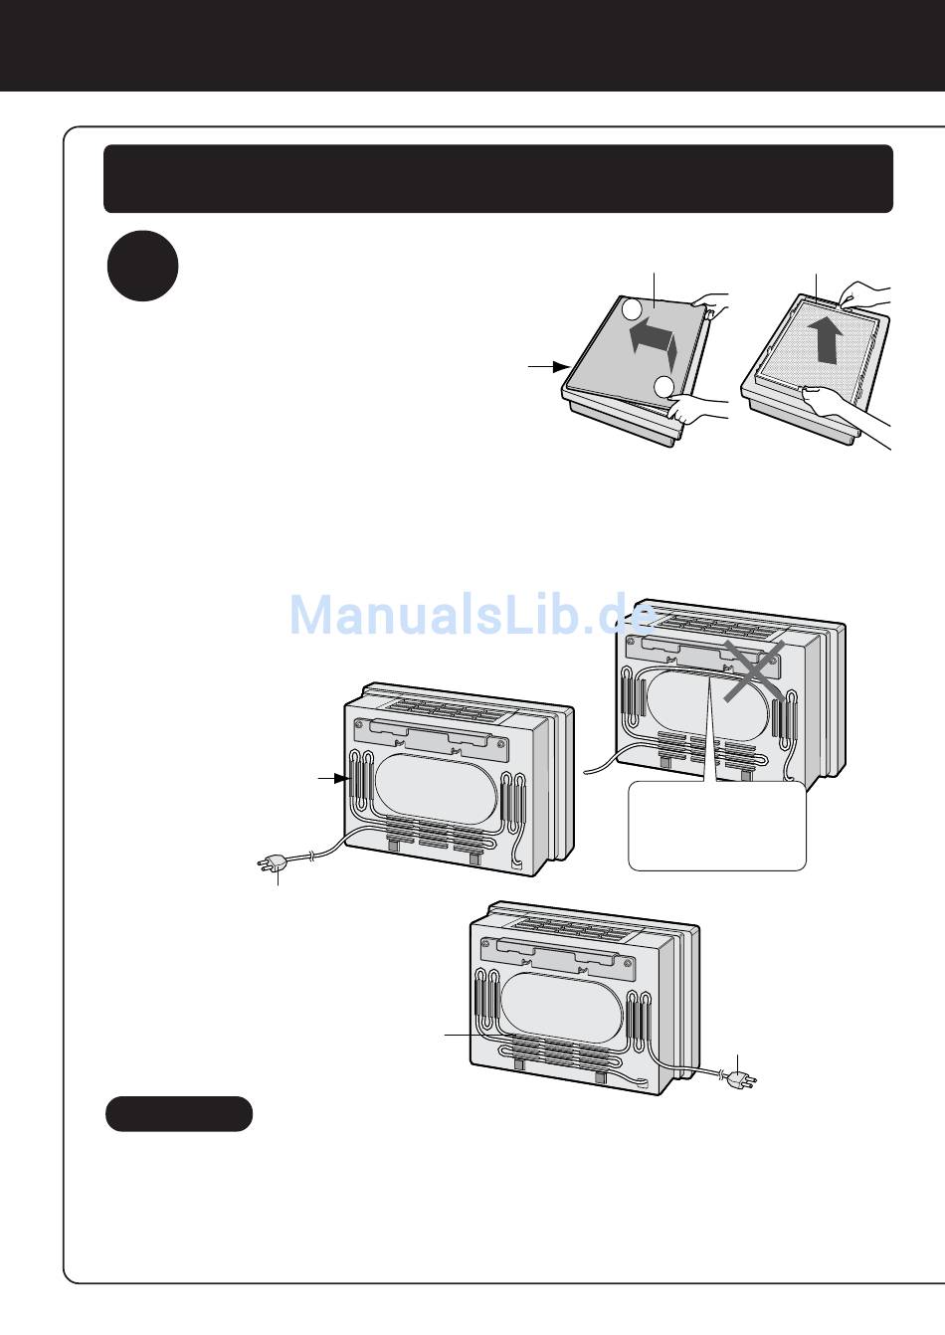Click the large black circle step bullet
[x=142, y=266]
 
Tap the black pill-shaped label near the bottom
[x=179, y=1113]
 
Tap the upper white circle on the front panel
[x=633, y=310]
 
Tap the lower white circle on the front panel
[x=665, y=386]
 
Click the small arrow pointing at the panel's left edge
[x=548, y=367]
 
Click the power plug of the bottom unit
[x=740, y=1079]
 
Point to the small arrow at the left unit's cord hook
[x=331, y=778]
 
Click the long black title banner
[x=497, y=178]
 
